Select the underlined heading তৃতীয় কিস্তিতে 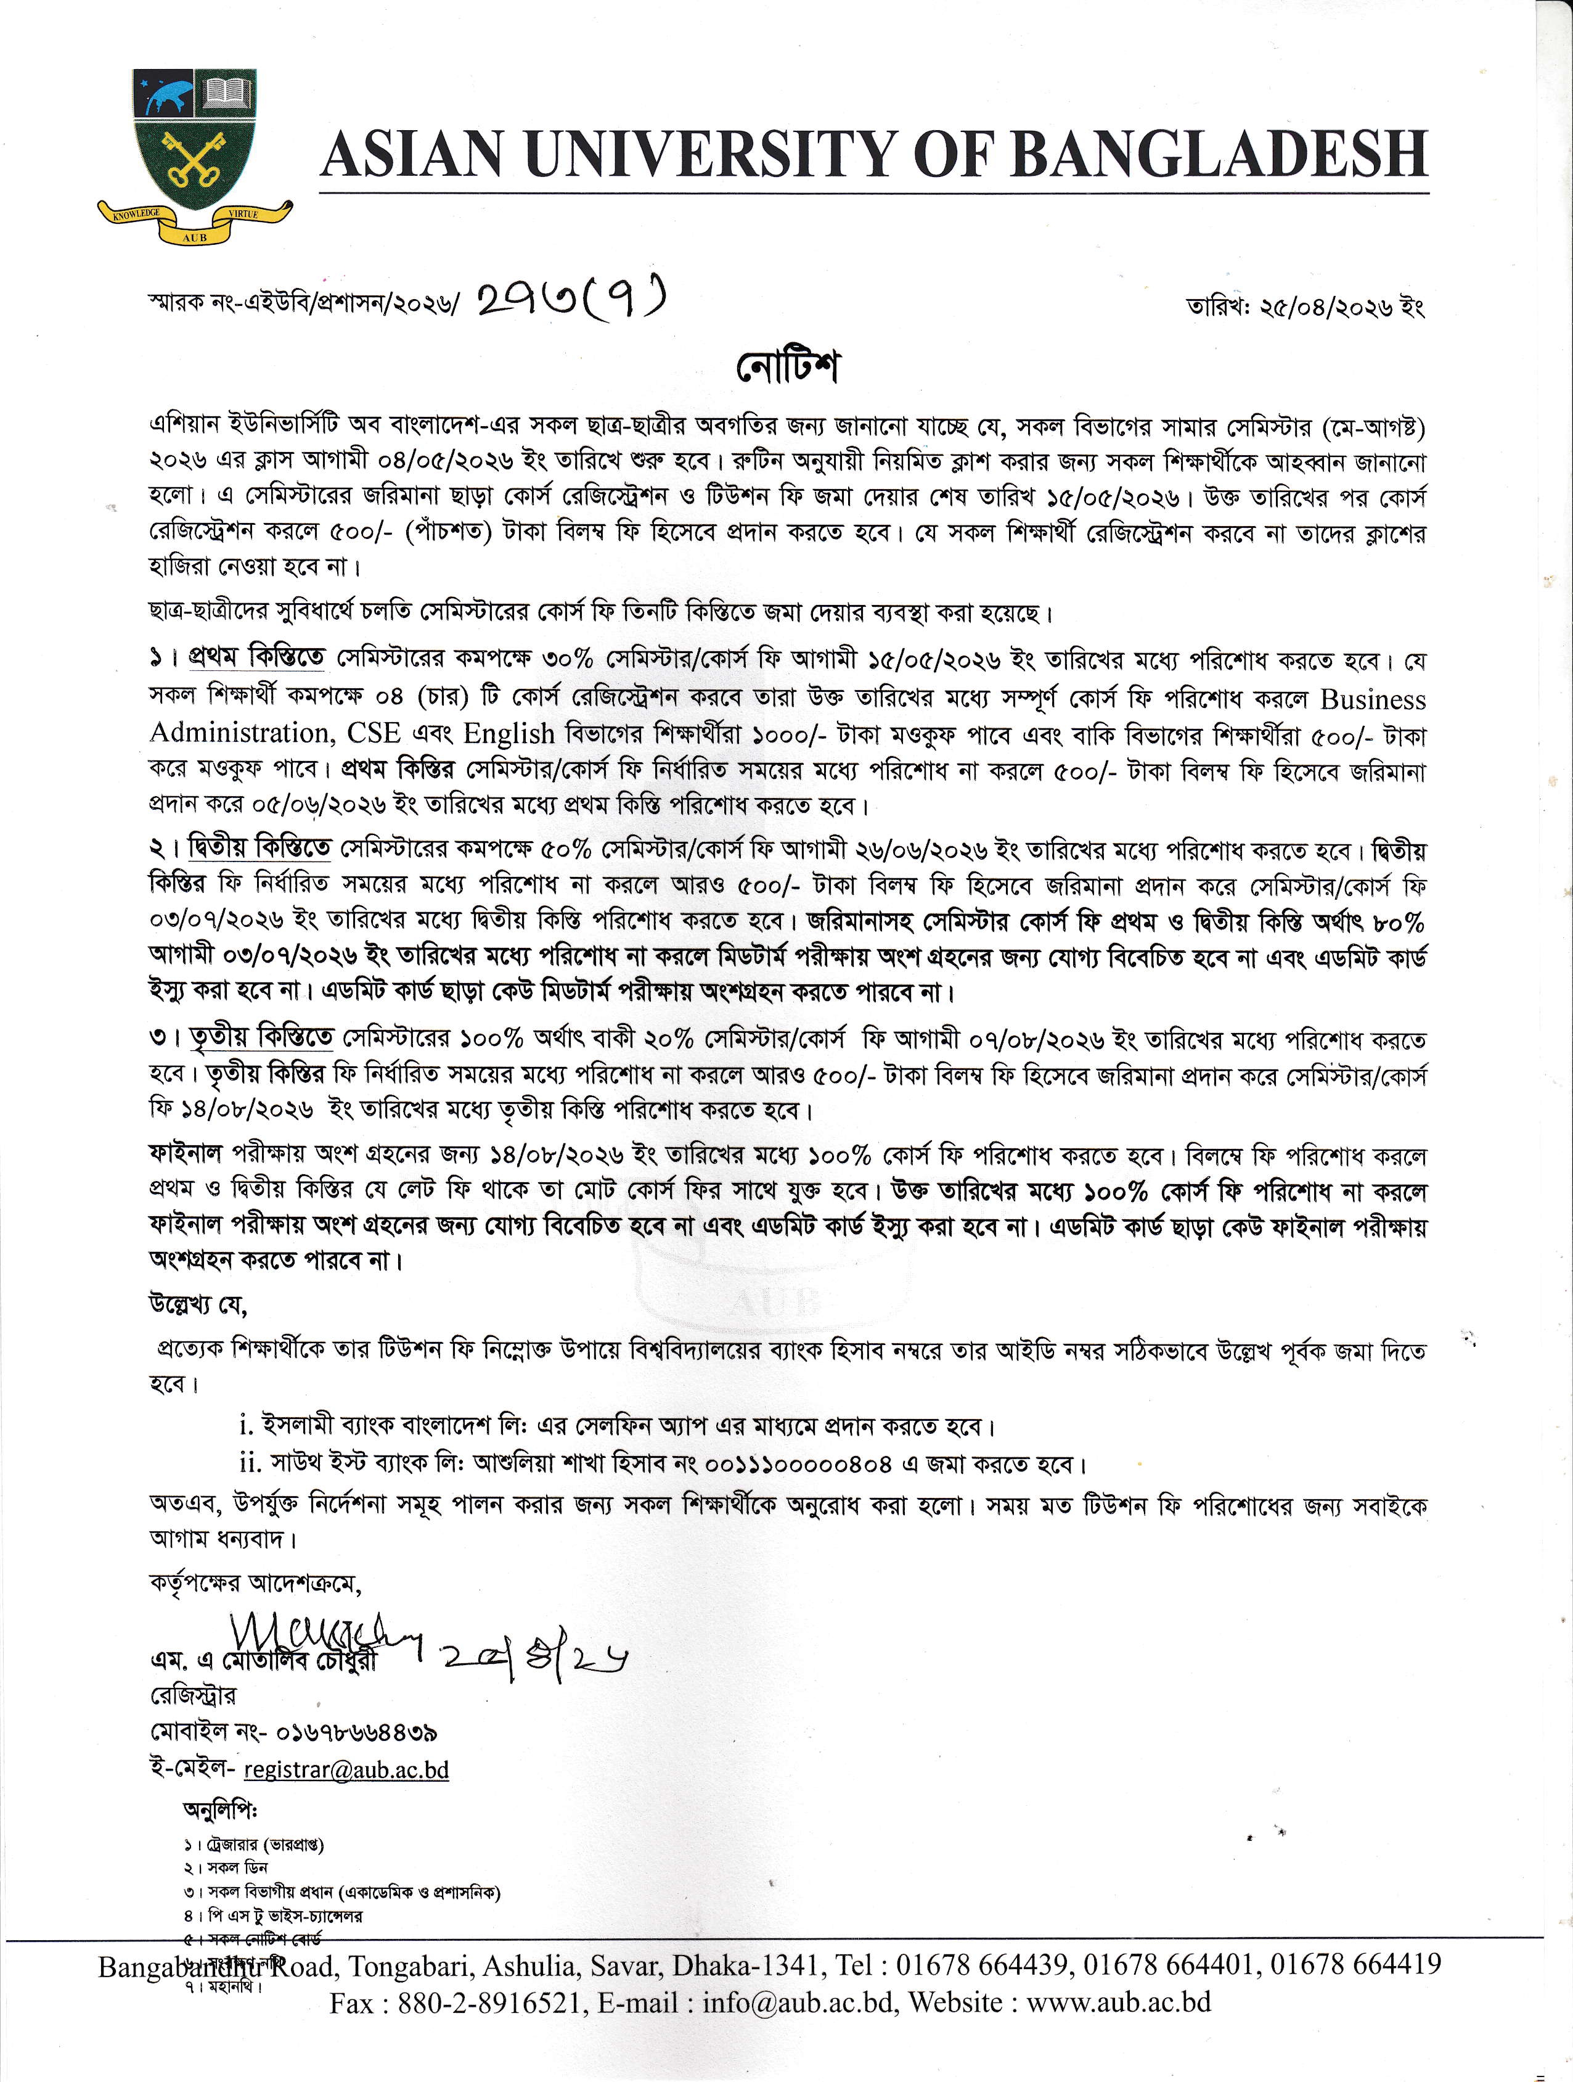coord(261,1039)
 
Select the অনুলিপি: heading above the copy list coord(220,1809)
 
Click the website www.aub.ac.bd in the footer coord(1119,2002)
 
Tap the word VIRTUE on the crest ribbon coord(243,216)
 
